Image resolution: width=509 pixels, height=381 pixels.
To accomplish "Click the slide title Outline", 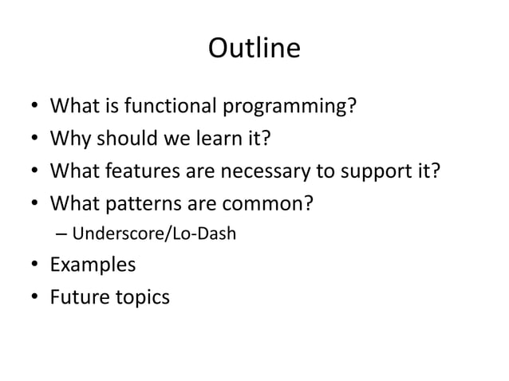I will (254, 49).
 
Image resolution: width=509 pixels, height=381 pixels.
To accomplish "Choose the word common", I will (270, 205).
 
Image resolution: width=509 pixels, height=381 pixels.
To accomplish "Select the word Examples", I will (93, 265).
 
